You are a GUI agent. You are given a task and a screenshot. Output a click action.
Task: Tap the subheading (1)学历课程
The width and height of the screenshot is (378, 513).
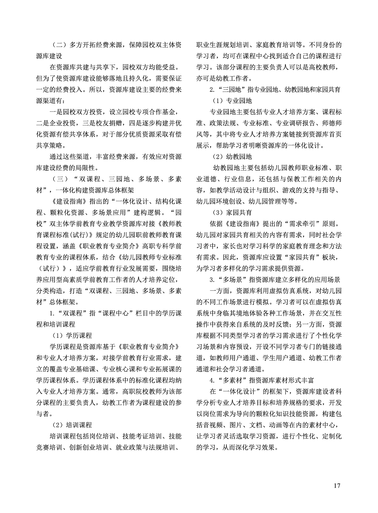72,336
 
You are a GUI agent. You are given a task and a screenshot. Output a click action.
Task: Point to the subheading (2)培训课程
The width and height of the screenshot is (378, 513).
72,425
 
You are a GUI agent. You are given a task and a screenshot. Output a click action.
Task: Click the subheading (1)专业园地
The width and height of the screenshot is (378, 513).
232,101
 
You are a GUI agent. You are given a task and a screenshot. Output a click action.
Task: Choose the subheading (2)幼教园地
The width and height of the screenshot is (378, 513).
232,157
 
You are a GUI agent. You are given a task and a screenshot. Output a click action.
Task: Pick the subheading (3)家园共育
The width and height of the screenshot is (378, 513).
232,212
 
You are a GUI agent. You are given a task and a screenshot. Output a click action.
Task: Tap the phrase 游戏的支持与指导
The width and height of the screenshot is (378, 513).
309,190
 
